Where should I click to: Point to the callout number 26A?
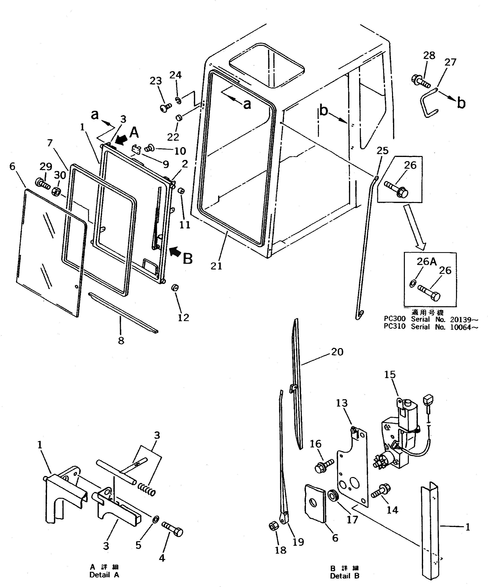pyautogui.click(x=426, y=261)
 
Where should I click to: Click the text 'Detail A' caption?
pyautogui.click(x=104, y=575)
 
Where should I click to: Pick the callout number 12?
pyautogui.click(x=183, y=317)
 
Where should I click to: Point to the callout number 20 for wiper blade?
pyautogui.click(x=337, y=352)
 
